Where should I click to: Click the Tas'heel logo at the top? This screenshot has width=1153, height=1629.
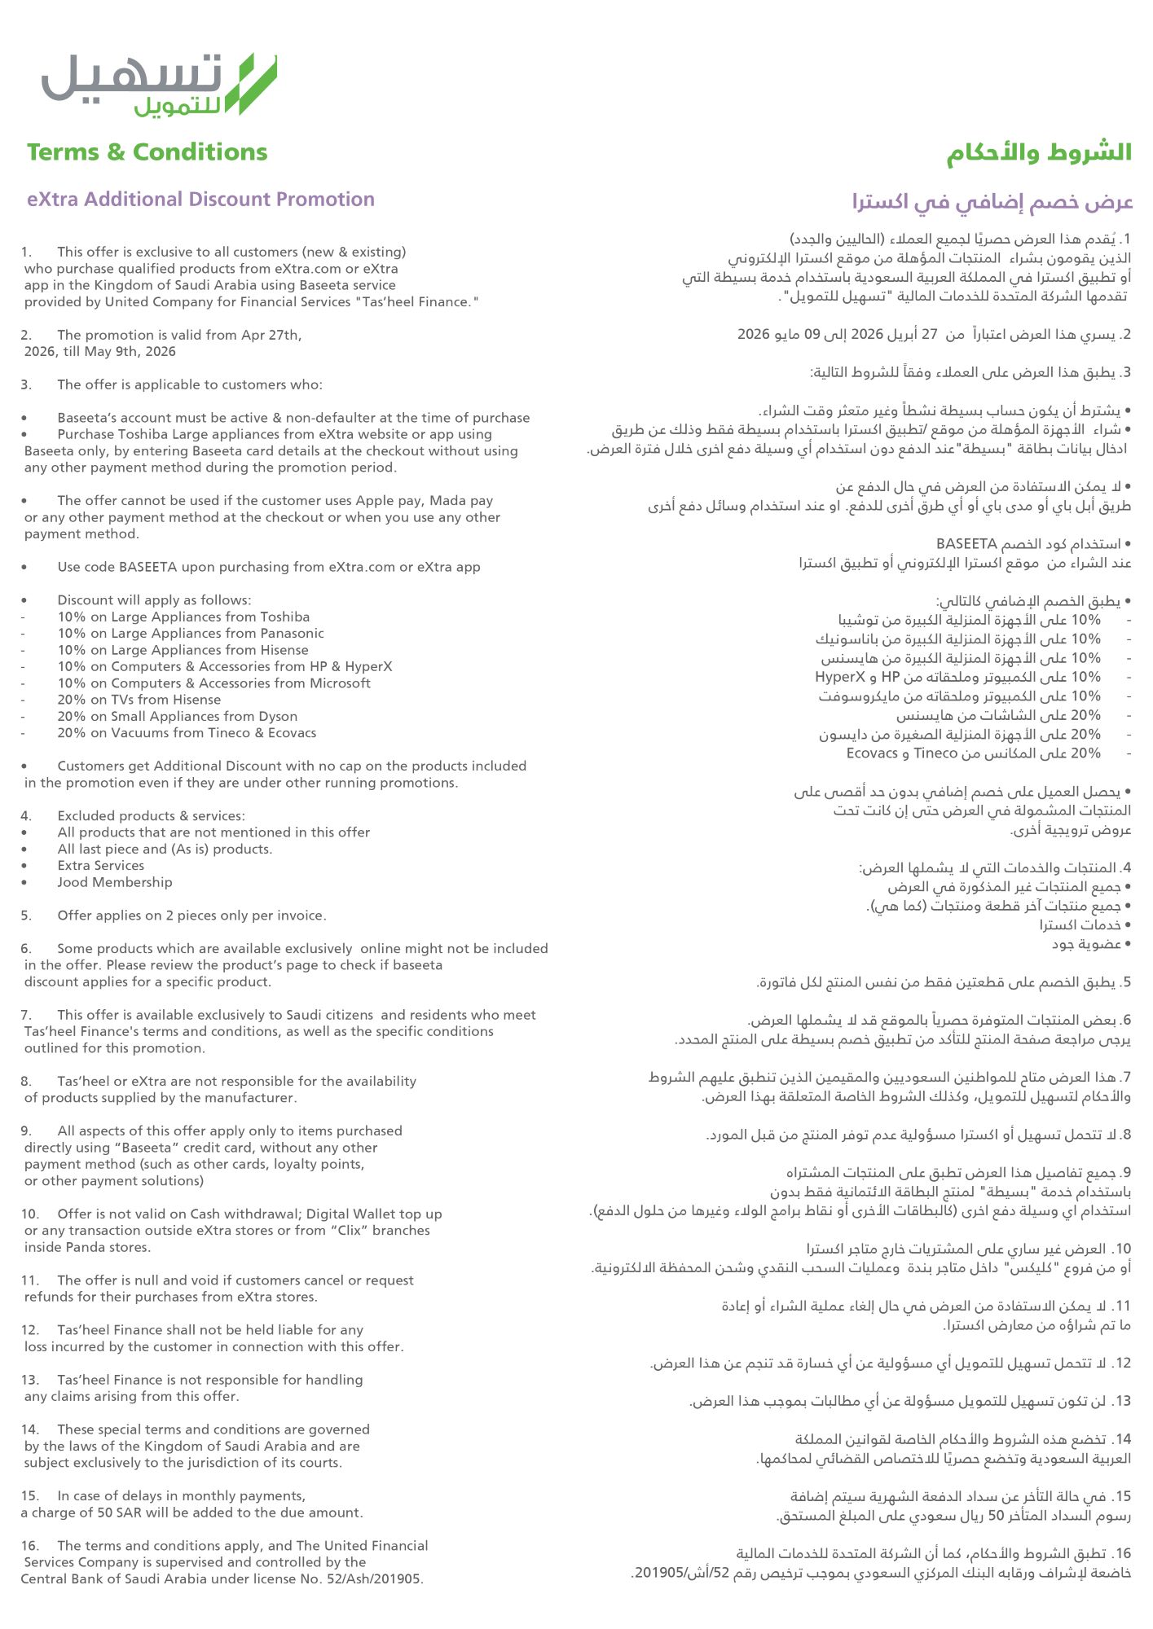pyautogui.click(x=159, y=84)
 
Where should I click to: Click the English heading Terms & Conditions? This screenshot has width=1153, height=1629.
pyautogui.click(x=147, y=152)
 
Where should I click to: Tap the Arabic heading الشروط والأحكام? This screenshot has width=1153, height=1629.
pyautogui.click(x=1039, y=152)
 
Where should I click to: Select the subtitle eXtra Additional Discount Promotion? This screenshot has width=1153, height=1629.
pyautogui.click(x=200, y=200)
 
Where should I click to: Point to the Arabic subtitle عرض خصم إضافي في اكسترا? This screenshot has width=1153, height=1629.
pyautogui.click(x=992, y=201)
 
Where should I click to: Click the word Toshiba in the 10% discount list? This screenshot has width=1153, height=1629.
pyautogui.click(x=284, y=617)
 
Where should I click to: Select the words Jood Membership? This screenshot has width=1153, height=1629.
pyautogui.click(x=114, y=882)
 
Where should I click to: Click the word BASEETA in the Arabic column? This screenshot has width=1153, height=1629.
pyautogui.click(x=967, y=543)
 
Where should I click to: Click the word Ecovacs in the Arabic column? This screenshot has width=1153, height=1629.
pyautogui.click(x=872, y=753)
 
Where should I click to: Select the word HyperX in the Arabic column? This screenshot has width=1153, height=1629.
pyautogui.click(x=840, y=677)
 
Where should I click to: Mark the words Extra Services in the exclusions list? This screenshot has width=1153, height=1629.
pyautogui.click(x=100, y=866)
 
